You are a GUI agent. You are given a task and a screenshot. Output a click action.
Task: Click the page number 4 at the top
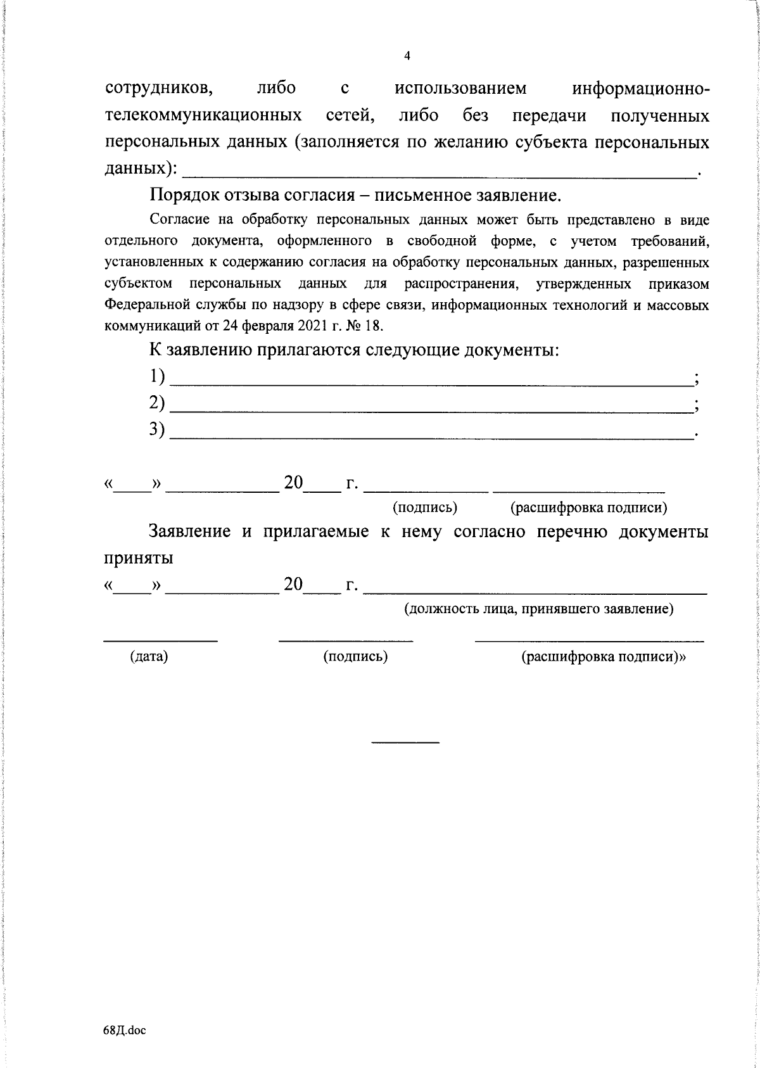[407, 56]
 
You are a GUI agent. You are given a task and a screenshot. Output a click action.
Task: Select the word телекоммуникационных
[203, 117]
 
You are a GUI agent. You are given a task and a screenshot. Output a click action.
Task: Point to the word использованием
[460, 89]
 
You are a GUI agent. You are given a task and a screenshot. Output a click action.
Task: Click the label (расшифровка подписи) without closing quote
[588, 507]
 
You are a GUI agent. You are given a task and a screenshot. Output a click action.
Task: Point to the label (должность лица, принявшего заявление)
[538, 609]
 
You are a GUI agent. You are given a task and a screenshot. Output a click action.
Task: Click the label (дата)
[149, 657]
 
